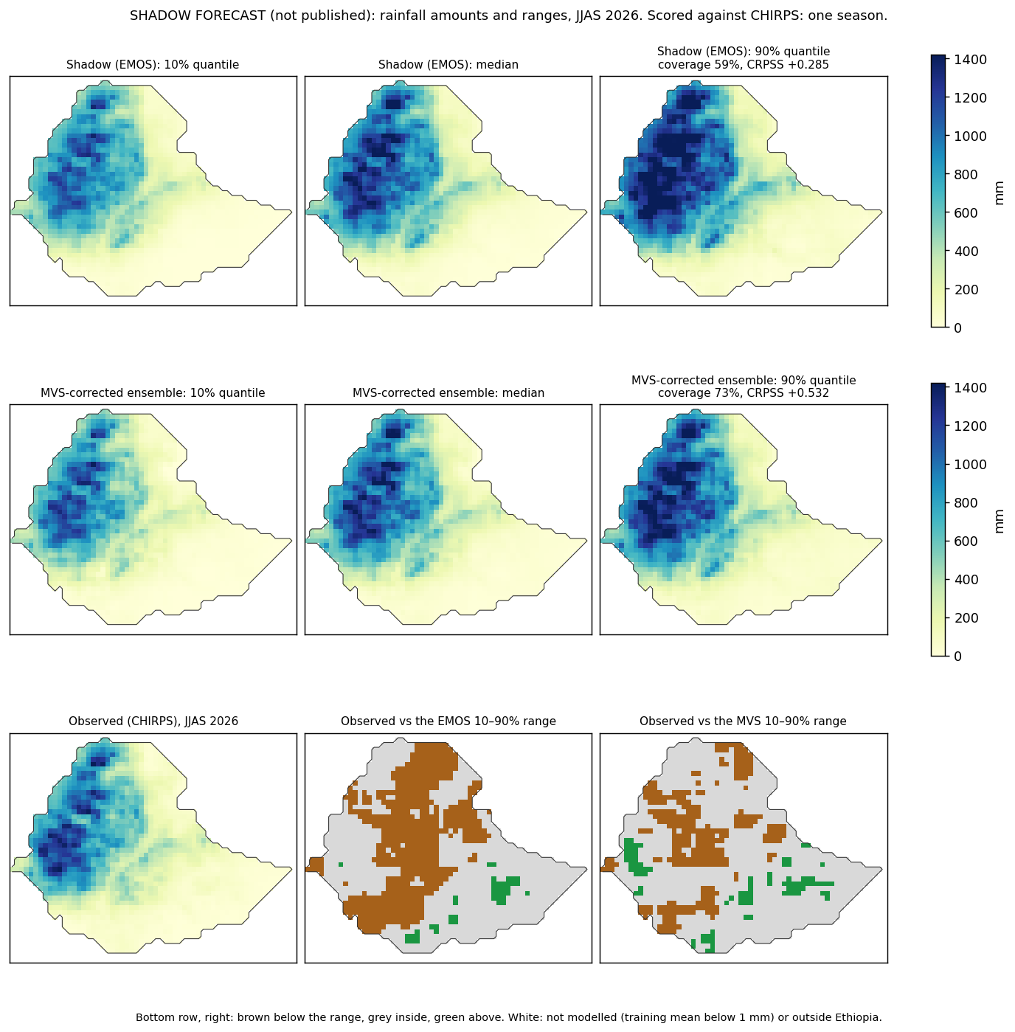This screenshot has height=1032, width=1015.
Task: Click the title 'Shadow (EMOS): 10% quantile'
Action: (153, 65)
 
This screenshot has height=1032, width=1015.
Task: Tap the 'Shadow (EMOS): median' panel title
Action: (448, 65)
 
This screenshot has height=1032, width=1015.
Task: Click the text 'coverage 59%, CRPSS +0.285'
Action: (743, 65)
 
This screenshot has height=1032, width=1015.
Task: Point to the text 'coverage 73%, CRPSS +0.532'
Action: (743, 393)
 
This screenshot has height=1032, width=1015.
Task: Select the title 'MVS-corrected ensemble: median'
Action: (448, 393)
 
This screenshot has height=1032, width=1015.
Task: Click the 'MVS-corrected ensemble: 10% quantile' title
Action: (153, 393)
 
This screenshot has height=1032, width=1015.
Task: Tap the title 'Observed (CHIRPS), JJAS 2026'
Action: (153, 721)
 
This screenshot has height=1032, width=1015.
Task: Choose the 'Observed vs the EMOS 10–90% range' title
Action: (448, 721)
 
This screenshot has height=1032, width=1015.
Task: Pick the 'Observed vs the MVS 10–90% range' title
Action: (743, 721)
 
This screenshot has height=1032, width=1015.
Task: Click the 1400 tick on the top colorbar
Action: (970, 60)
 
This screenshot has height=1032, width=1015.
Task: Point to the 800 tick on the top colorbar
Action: (966, 175)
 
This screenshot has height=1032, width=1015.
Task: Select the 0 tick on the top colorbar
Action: (958, 328)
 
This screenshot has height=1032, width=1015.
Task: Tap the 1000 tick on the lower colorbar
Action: (970, 464)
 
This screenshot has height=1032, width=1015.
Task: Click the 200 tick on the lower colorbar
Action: (966, 618)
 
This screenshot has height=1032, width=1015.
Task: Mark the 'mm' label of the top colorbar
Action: (999, 193)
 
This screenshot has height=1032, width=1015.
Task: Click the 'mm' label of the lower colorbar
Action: (999, 522)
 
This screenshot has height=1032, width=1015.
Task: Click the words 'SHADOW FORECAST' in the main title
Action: (198, 15)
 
